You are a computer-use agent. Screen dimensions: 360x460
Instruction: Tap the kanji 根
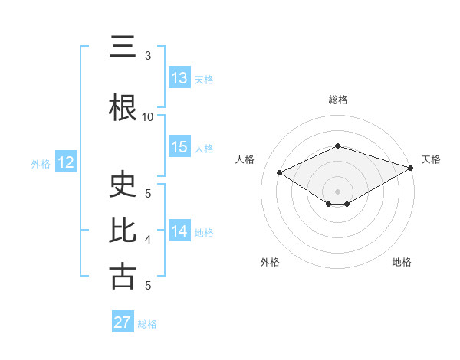click(123, 108)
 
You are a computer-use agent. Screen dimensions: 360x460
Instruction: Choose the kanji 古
click(123, 277)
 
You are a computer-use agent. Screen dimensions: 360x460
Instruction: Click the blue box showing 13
click(179, 78)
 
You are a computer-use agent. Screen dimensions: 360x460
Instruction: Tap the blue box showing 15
click(179, 147)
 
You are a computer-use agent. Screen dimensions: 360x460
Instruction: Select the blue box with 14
click(179, 231)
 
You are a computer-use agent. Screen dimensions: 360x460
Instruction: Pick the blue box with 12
click(65, 162)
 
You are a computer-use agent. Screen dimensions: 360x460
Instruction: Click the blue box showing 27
click(123, 322)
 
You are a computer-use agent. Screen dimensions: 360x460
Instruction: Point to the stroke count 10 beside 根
click(148, 116)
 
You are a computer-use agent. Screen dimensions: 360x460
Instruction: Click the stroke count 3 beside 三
click(148, 55)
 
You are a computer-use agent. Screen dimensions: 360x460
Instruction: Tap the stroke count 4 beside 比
click(148, 240)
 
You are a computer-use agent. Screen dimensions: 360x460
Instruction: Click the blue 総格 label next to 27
click(147, 324)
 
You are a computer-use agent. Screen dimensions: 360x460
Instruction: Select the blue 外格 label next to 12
click(41, 163)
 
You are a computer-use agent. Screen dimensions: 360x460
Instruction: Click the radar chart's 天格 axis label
click(431, 159)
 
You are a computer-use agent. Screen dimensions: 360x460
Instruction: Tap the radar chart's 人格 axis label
click(245, 159)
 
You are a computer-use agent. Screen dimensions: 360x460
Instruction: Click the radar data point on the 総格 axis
click(338, 146)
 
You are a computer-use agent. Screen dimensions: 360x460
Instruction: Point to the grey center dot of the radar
click(338, 191)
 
